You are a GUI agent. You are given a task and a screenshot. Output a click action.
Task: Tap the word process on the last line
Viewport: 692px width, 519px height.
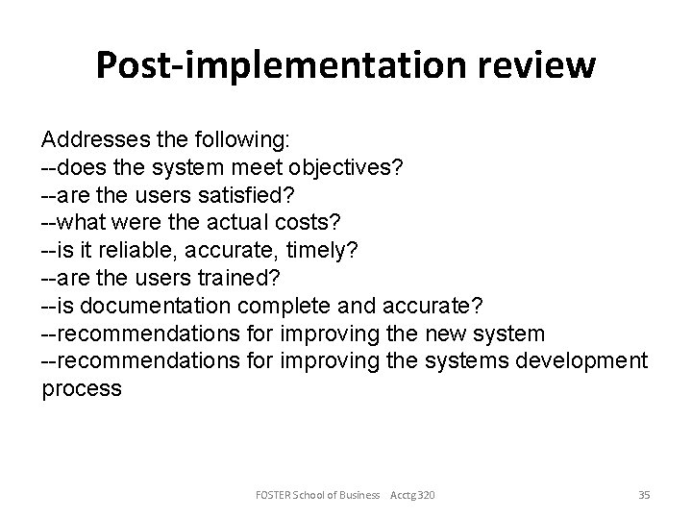(82, 389)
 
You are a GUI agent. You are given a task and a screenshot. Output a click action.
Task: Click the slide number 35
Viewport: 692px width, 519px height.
(644, 495)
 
